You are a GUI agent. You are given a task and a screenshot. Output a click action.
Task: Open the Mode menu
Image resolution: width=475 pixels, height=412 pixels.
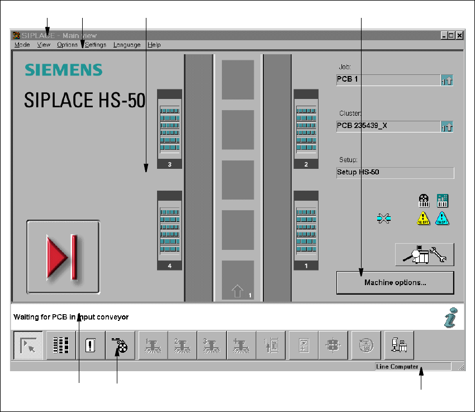tap(22, 45)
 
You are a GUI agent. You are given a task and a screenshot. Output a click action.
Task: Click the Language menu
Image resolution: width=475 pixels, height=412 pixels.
tap(127, 45)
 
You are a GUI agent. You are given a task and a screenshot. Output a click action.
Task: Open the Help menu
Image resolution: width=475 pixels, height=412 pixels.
tap(154, 45)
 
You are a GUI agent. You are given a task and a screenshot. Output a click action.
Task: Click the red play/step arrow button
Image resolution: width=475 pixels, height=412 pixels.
tap(63, 257)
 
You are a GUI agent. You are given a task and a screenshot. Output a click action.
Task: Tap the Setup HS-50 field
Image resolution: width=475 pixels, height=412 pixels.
tap(395, 172)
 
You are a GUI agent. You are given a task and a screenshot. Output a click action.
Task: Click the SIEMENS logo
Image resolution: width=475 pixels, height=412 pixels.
tap(63, 70)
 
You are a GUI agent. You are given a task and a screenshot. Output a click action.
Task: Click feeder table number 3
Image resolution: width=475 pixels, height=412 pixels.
tap(169, 129)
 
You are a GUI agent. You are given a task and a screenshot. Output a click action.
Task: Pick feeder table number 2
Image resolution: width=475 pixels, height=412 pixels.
tap(306, 129)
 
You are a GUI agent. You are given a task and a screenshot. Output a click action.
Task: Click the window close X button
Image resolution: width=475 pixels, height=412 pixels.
tap(459, 35)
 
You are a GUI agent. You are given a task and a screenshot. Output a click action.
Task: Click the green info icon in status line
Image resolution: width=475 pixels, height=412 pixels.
tap(450, 317)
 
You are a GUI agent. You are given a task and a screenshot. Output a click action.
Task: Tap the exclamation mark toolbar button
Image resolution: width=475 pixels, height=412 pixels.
tap(91, 345)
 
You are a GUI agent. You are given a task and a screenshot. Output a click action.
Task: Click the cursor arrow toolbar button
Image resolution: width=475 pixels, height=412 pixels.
tap(27, 345)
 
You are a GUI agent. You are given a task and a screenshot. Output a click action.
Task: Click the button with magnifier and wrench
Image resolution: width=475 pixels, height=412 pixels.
tap(424, 254)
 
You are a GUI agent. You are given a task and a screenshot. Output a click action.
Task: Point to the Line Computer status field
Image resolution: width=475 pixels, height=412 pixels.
tap(412, 367)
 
